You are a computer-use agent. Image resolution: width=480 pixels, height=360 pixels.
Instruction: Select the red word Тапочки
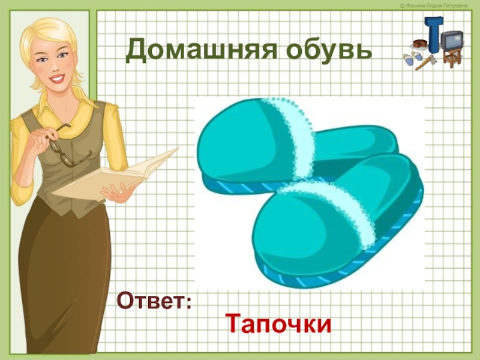tap(278, 324)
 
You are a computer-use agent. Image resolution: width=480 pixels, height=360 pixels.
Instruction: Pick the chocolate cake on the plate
tap(418, 45)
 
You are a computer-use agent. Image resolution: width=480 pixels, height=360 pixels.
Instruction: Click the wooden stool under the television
tap(451, 57)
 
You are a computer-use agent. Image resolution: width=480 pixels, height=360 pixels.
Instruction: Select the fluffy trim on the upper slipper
tap(296, 135)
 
